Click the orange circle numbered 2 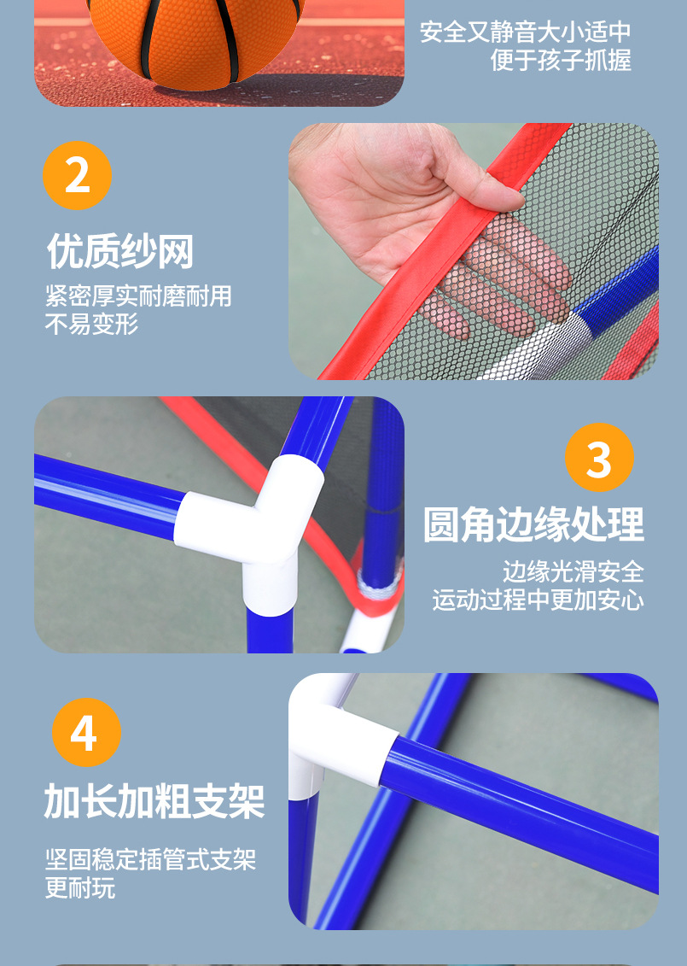coord(77,176)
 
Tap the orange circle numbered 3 coord(599,457)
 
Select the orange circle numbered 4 coord(86,733)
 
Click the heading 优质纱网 coord(120,251)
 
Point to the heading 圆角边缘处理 coord(533,525)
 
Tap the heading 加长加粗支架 coord(154,801)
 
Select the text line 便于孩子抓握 coord(561,61)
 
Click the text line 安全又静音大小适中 coord(526,32)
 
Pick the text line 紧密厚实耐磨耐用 coord(138,296)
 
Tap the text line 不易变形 coord(91,324)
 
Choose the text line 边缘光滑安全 coord(573,571)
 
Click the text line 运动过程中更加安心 coord(538,600)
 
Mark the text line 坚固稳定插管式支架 coord(150,859)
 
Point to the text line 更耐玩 coord(80,887)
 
